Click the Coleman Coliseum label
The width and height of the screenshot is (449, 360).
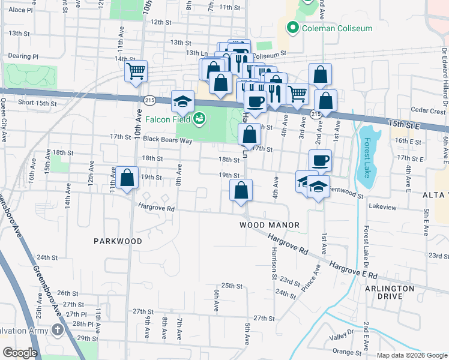tap(337, 28)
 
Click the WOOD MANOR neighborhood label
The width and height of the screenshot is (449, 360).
tap(269, 225)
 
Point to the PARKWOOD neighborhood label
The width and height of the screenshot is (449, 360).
tap(118, 241)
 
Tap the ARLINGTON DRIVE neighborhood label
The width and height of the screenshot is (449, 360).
tap(389, 292)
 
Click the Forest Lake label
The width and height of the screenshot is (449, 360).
tap(366, 158)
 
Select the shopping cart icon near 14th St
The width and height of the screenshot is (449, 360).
tap(136, 71)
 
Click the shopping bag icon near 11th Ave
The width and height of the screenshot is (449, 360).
tap(127, 178)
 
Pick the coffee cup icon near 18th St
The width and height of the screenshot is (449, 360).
tap(320, 160)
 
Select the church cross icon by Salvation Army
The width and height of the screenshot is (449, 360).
tap(57, 329)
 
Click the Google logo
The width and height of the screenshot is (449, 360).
tap(20, 352)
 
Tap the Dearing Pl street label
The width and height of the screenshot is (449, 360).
tap(23, 56)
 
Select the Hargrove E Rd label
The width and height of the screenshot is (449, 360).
tap(353, 270)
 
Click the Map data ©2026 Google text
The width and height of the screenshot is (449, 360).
tap(411, 355)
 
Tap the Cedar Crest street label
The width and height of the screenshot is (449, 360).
tap(429, 110)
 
